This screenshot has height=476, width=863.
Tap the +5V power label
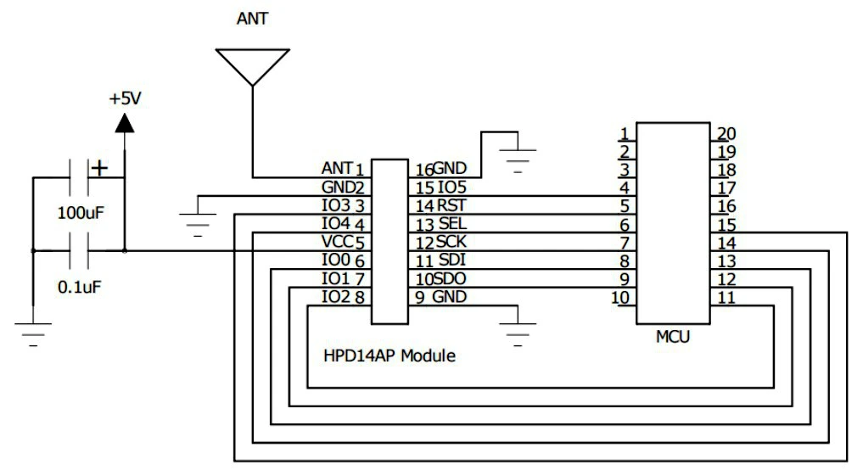click(x=125, y=98)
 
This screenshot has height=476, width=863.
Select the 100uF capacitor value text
click(x=81, y=212)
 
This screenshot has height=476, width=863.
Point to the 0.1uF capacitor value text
click(x=80, y=287)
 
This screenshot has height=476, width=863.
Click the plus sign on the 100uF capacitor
click(x=100, y=168)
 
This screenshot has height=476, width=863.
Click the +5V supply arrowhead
click(x=125, y=123)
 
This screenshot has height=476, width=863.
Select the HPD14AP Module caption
click(x=389, y=356)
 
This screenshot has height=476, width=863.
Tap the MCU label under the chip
click(x=673, y=337)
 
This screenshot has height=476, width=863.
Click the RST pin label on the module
click(x=451, y=204)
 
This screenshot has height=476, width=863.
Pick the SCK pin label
click(x=451, y=242)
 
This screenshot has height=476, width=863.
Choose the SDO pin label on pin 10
click(x=450, y=279)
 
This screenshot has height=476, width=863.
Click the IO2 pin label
click(x=337, y=297)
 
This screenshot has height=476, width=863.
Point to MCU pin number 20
click(x=726, y=132)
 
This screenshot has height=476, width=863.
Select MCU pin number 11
click(x=726, y=297)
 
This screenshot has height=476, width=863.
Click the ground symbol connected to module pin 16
click(x=518, y=158)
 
